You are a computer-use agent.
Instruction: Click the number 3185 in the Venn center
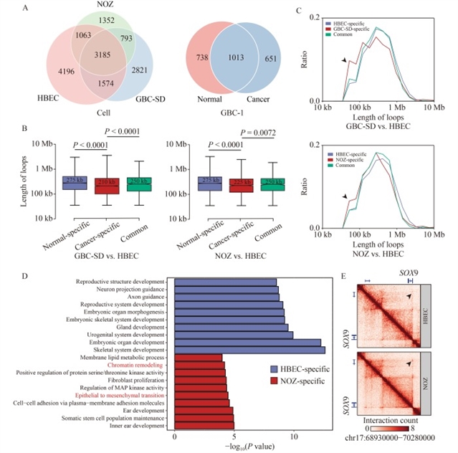[90, 74]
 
